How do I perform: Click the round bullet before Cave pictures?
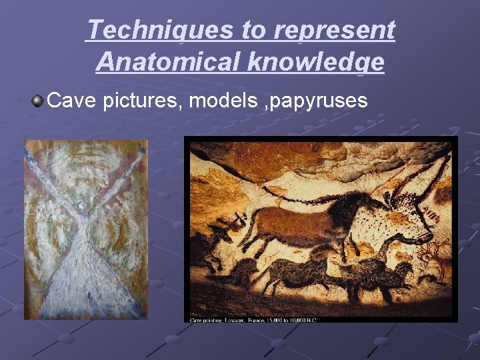pos(37,101)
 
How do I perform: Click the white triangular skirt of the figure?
pos(85,273)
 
